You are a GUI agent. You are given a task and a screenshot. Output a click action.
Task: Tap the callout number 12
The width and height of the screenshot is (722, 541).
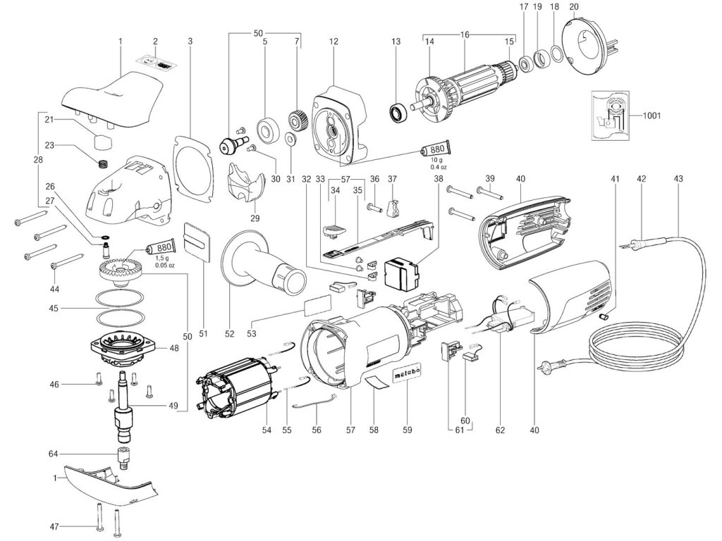click(x=333, y=42)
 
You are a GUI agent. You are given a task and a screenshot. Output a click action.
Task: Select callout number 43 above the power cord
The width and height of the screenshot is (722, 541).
click(x=678, y=179)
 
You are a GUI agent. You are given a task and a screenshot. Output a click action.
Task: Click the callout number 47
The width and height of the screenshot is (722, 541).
click(x=54, y=526)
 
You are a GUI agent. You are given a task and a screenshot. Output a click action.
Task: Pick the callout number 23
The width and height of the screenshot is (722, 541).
click(x=50, y=146)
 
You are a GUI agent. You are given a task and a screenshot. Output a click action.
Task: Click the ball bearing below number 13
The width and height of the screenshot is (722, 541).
click(x=397, y=111)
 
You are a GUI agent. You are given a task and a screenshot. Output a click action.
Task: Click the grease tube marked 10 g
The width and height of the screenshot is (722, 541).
click(x=435, y=149)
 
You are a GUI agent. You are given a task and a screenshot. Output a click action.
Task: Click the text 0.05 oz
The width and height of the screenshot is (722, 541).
click(x=164, y=265)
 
